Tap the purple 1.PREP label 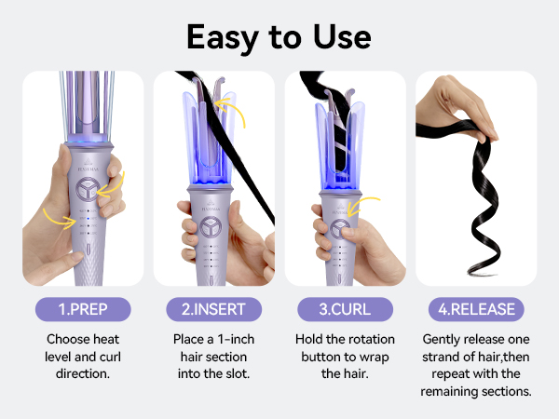83,308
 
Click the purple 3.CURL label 345,308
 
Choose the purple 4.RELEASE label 475,308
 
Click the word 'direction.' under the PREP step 83,373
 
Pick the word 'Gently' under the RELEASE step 443,340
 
